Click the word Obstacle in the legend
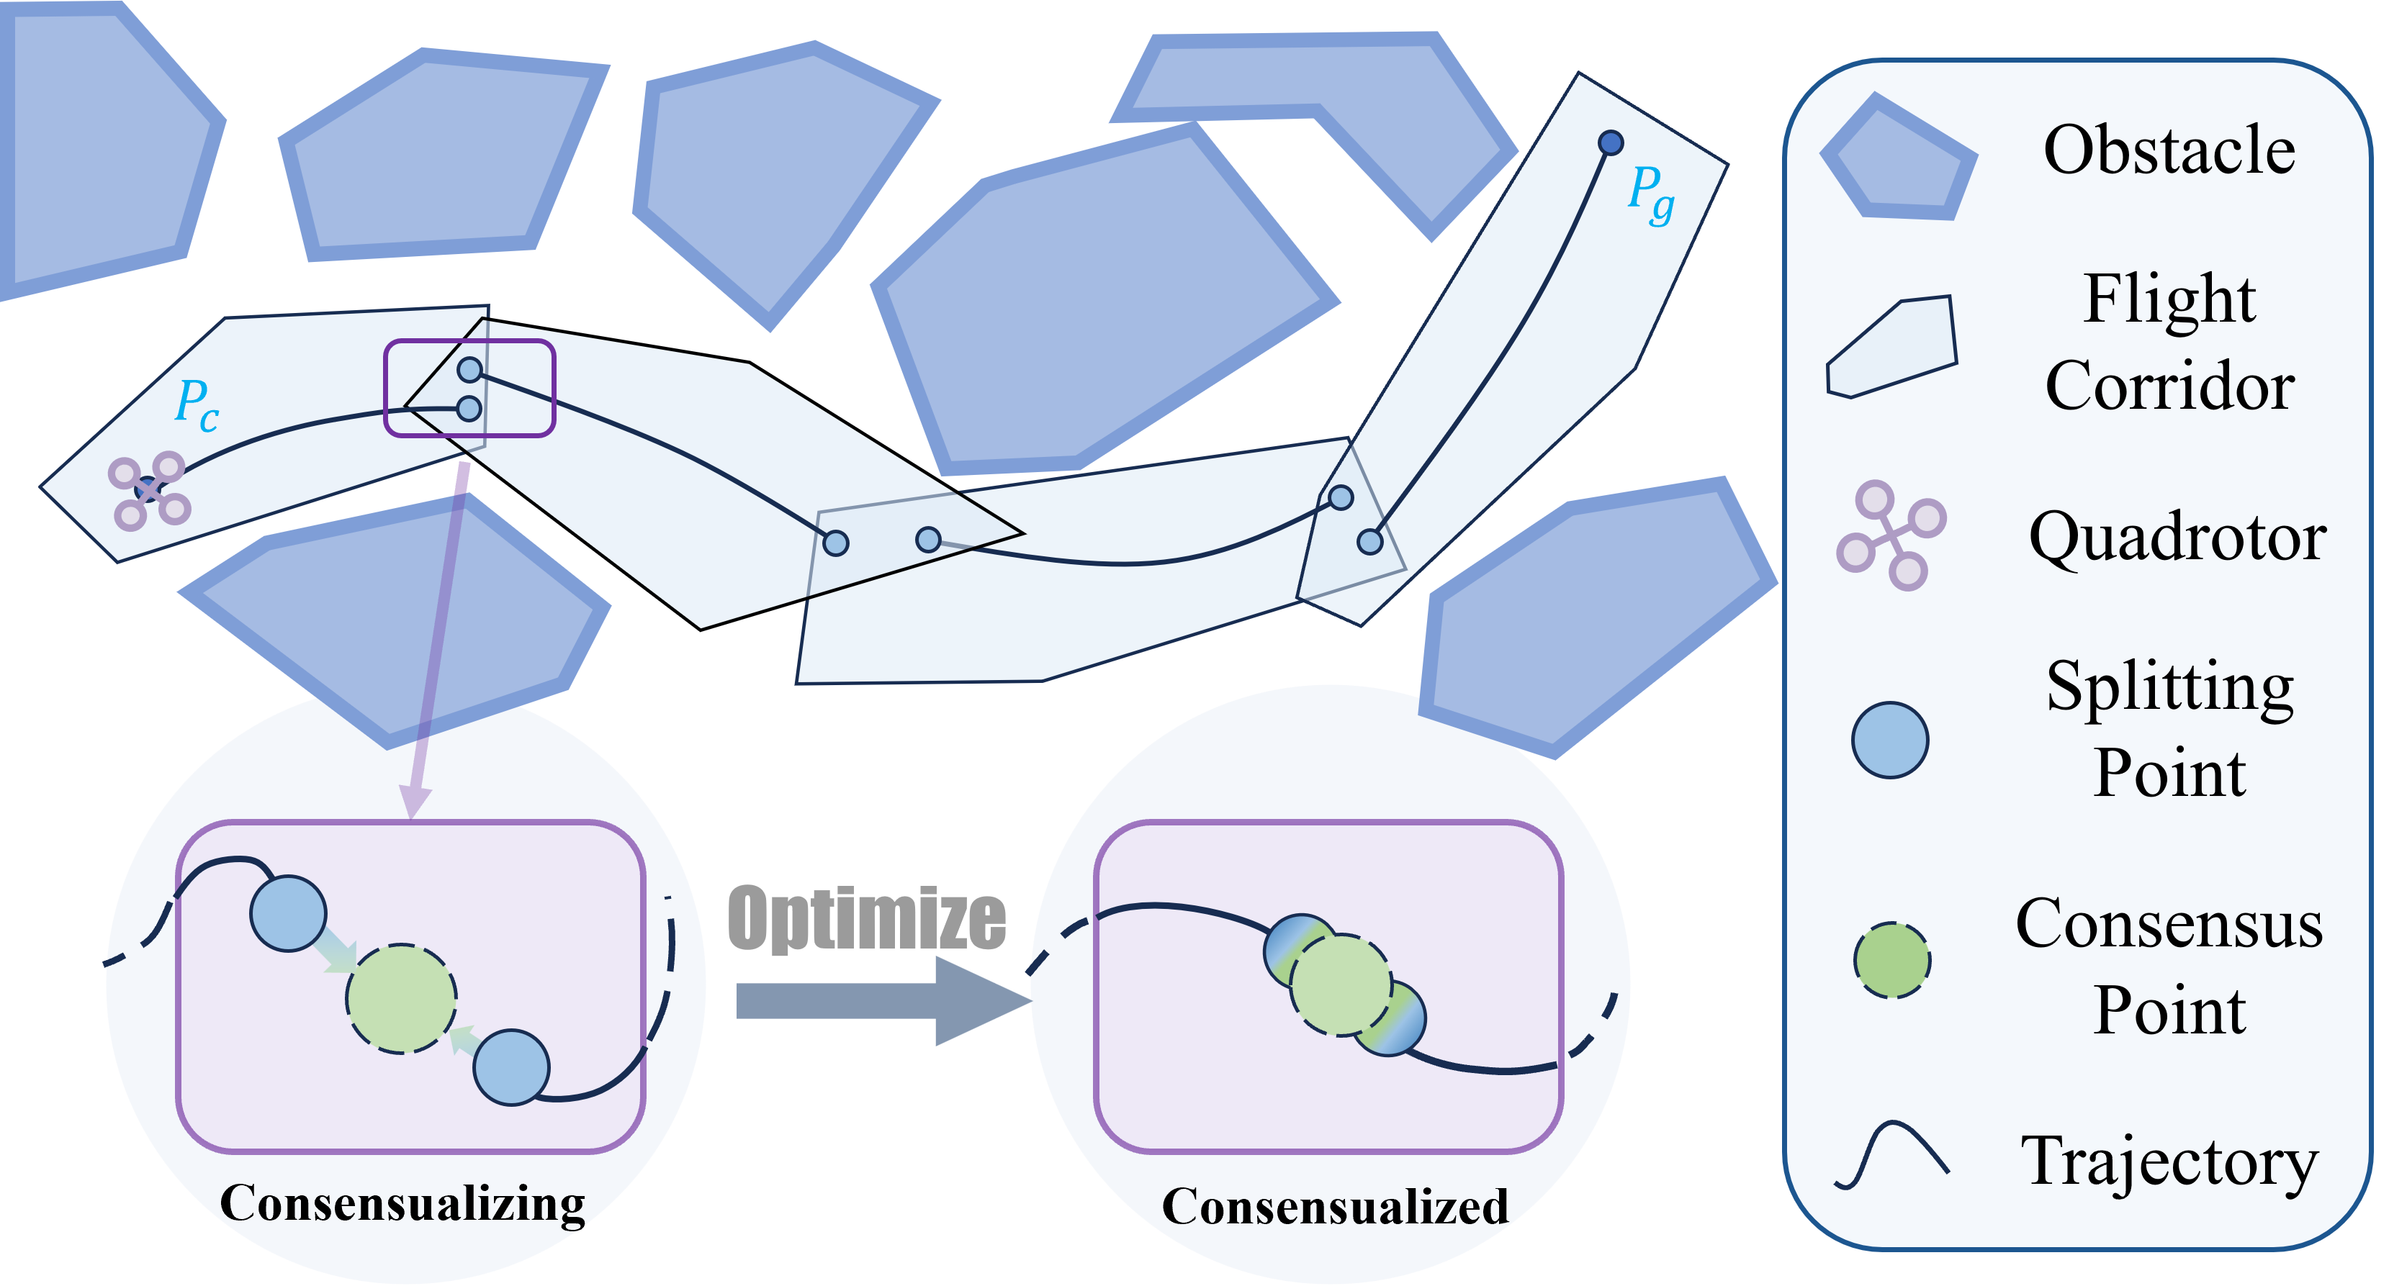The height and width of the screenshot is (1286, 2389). point(2168,150)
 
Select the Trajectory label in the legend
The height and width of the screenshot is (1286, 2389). point(2168,1161)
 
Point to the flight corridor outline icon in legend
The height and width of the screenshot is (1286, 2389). point(1892,347)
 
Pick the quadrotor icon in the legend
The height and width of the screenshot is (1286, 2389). point(1890,536)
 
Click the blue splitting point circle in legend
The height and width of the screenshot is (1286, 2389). point(1889,740)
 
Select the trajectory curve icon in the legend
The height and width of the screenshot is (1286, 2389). point(1892,1154)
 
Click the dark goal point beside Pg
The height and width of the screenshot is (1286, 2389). point(1611,142)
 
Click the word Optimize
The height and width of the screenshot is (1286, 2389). point(866,918)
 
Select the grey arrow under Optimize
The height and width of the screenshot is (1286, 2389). point(881,1000)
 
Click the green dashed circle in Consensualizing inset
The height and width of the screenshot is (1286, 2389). point(402,999)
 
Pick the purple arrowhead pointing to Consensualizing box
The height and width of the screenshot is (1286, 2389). point(415,800)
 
